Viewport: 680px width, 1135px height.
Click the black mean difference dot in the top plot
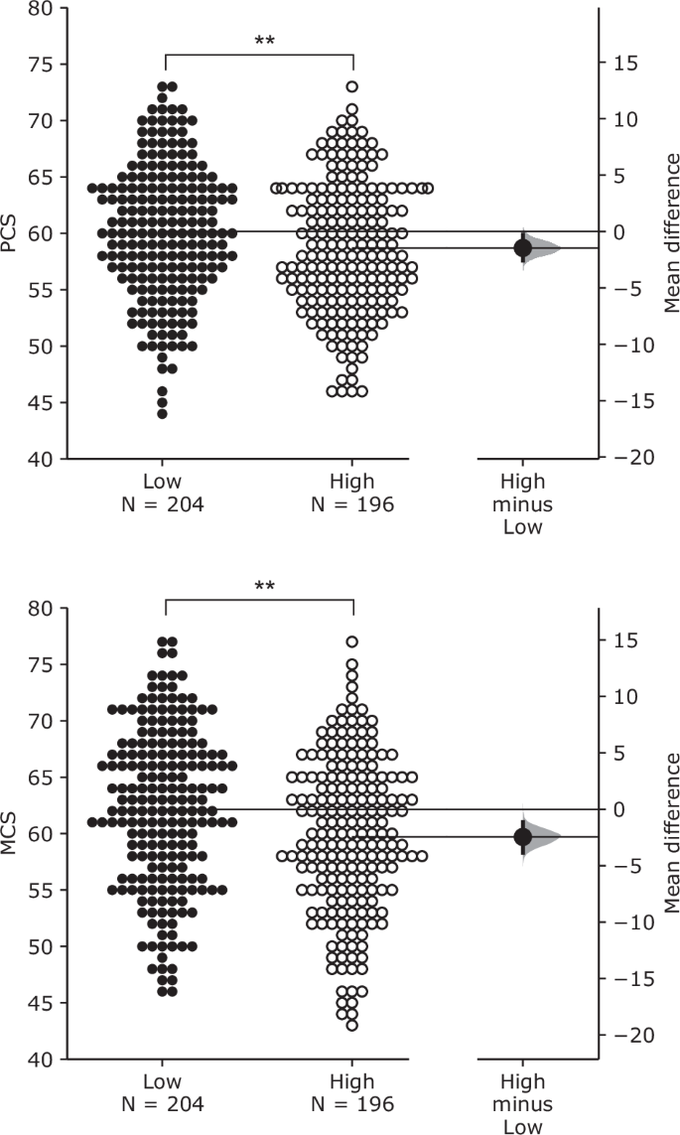(523, 247)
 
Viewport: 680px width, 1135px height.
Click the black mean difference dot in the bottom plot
(523, 837)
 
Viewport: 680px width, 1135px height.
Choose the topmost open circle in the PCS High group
(352, 86)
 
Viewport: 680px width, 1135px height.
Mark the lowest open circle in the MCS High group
(352, 1025)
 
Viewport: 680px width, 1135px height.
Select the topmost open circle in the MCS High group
(352, 641)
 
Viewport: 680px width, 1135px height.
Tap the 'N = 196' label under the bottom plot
(352, 1105)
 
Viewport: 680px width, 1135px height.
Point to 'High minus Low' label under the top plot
(522, 504)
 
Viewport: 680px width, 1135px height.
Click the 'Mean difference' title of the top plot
(672, 233)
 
